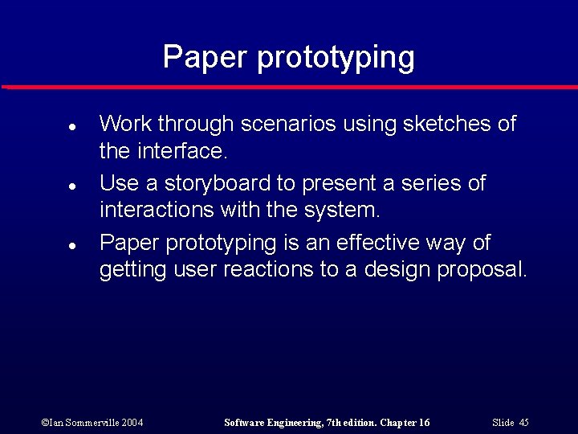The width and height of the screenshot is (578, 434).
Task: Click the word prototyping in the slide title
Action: [336, 58]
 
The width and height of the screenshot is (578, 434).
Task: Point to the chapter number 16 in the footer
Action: [423, 423]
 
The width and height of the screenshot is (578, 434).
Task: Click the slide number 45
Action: [523, 423]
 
